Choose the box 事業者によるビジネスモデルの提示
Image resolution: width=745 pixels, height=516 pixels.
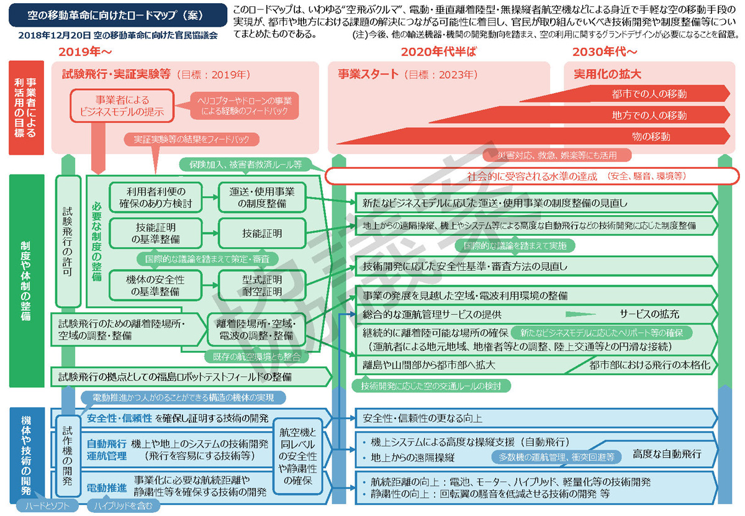pos(122,105)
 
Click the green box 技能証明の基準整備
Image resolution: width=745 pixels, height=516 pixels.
pos(156,233)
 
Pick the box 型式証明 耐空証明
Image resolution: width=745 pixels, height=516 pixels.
pos(262,286)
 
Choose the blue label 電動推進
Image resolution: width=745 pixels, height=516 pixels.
pos(107,487)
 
